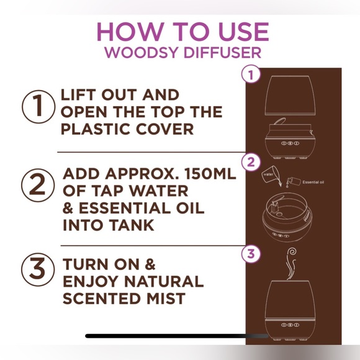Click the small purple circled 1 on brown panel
pyautogui.click(x=250, y=75)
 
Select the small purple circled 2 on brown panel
pyautogui.click(x=250, y=163)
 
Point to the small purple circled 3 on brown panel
pyautogui.click(x=250, y=253)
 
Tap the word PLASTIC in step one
pyautogui.click(x=92, y=128)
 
